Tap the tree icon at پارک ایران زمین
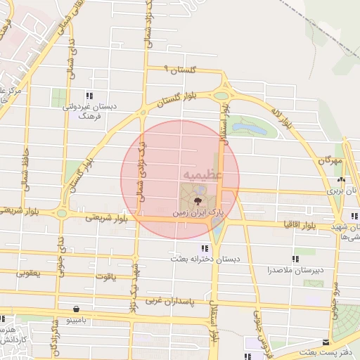pyautogui.click(x=194, y=200)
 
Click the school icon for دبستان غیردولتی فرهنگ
pyautogui.click(x=89, y=95)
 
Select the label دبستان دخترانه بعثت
pyautogui.click(x=205, y=259)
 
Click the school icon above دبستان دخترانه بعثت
pyautogui.click(x=205, y=248)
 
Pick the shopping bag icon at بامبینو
pyautogui.click(x=75, y=308)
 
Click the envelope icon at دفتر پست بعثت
pyautogui.click(x=325, y=342)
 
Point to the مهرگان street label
pyautogui.click(x=328, y=161)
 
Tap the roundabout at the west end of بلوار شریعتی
pyautogui.click(x=61, y=213)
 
